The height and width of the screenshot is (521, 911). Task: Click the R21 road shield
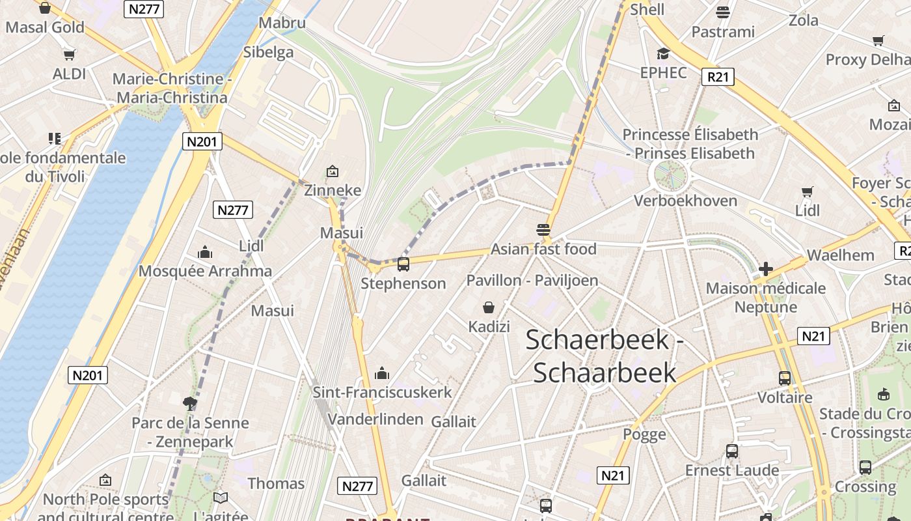click(718, 77)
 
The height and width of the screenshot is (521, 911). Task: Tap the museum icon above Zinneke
click(333, 171)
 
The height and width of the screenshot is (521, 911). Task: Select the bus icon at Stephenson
click(403, 264)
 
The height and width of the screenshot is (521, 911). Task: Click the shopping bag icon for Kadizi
click(489, 307)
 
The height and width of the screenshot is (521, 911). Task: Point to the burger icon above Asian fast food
click(543, 229)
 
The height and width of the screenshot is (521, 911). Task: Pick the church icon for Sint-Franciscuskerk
click(382, 373)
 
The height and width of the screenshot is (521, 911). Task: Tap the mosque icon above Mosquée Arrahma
click(205, 252)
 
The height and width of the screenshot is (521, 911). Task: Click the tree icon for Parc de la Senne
click(190, 403)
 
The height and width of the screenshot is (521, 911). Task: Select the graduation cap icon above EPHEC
click(663, 53)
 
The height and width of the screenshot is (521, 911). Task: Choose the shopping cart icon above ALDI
click(69, 55)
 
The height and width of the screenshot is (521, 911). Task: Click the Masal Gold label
click(45, 27)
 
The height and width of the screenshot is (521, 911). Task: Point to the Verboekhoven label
click(685, 201)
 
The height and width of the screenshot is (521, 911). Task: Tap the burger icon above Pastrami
click(722, 12)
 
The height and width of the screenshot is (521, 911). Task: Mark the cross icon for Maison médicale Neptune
click(765, 268)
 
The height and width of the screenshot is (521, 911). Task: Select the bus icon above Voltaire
click(785, 378)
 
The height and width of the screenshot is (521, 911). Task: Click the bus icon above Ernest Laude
click(732, 451)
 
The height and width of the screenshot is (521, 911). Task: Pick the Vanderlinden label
click(375, 419)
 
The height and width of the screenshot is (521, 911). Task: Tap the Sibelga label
click(268, 52)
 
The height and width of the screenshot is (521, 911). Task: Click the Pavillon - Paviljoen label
click(532, 281)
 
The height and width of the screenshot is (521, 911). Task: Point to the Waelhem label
click(840, 255)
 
